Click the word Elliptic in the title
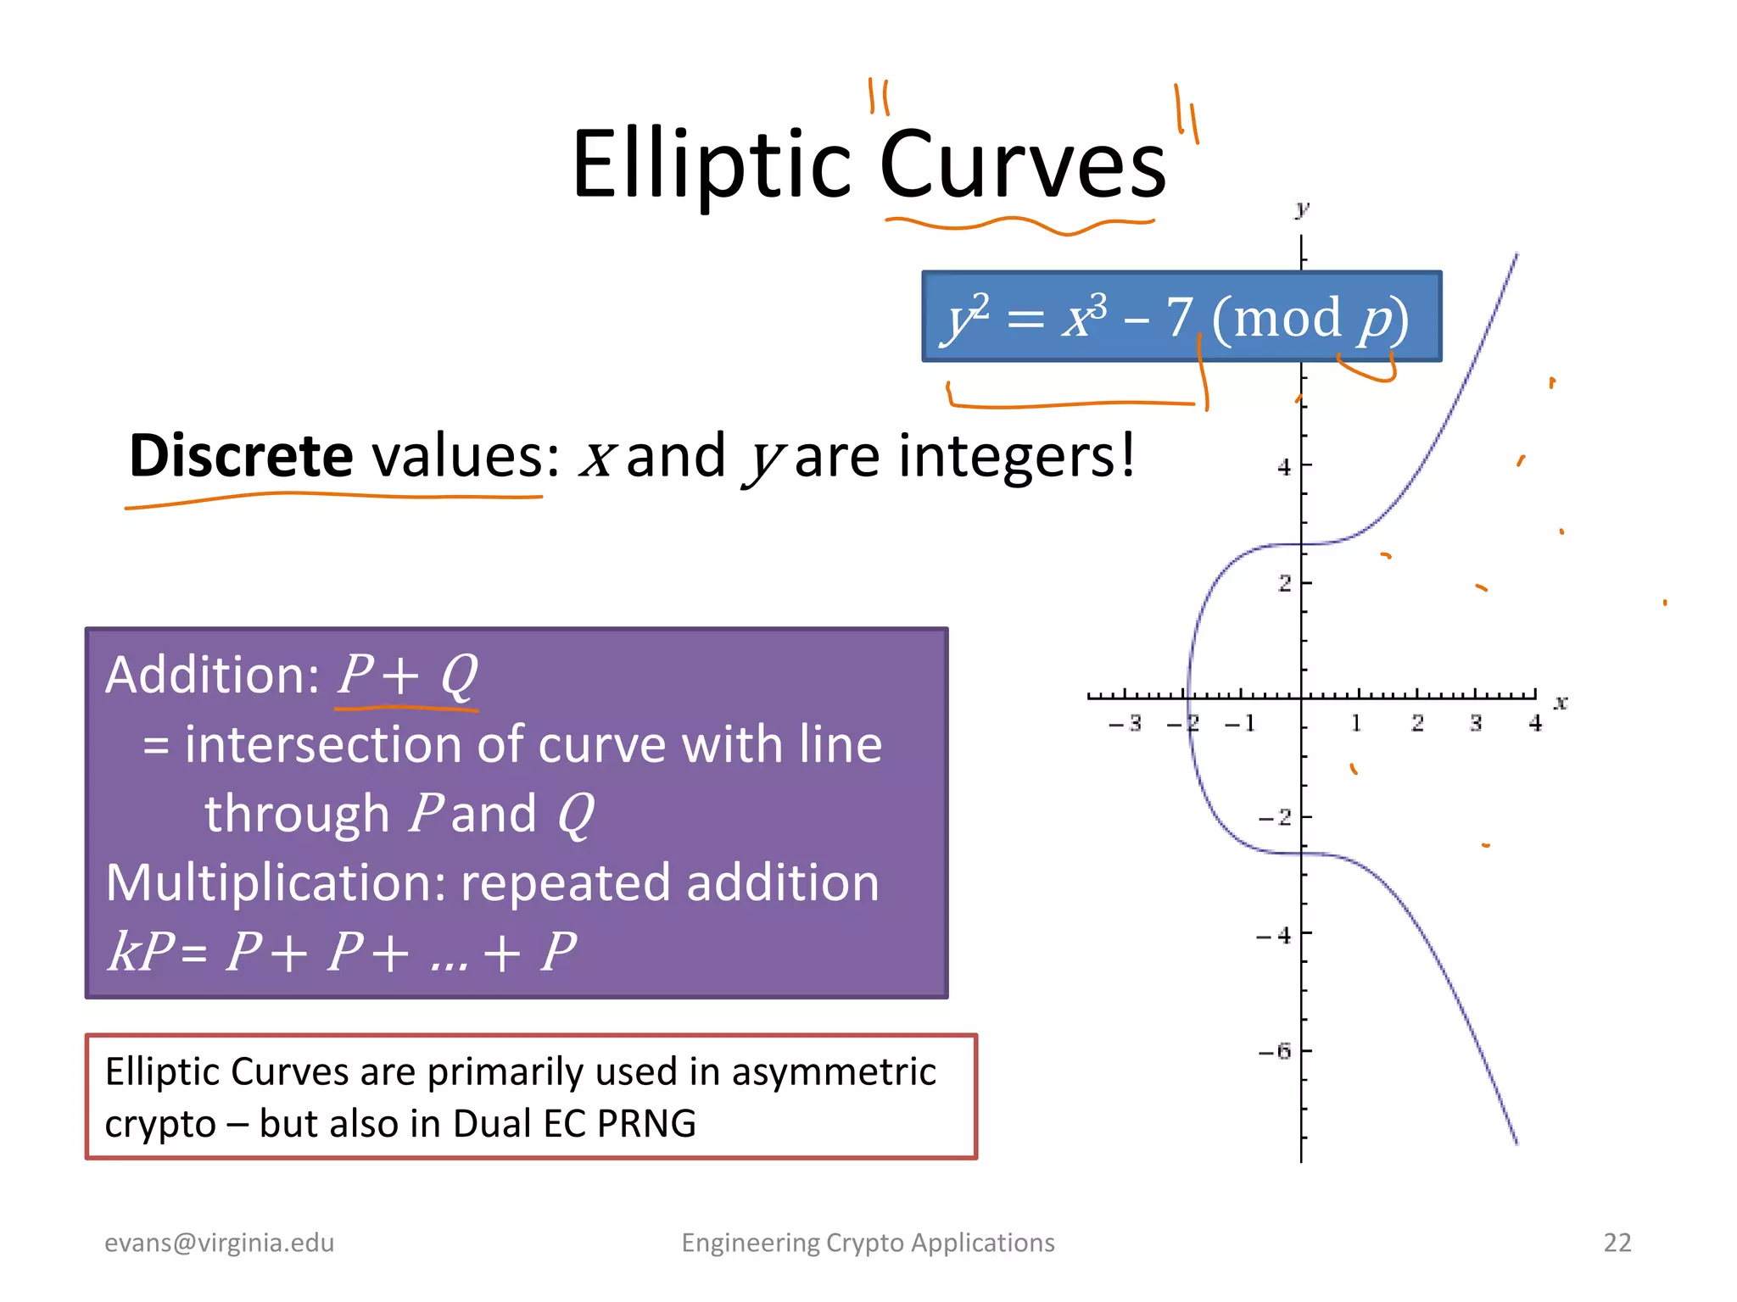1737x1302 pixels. click(x=711, y=165)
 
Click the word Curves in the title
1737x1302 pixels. click(x=1023, y=165)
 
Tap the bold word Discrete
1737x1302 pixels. click(x=241, y=456)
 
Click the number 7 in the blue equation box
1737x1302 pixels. click(x=1180, y=317)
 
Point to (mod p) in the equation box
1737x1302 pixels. click(x=1310, y=319)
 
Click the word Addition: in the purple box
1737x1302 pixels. click(x=212, y=676)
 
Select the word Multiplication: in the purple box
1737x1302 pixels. click(x=276, y=883)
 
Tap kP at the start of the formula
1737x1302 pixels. click(x=141, y=951)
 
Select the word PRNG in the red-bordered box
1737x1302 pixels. click(x=646, y=1124)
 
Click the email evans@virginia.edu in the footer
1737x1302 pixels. click(x=219, y=1243)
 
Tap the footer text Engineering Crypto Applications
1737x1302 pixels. click(x=868, y=1243)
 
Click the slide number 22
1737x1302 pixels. click(x=1617, y=1243)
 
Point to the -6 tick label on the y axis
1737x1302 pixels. click(x=1274, y=1052)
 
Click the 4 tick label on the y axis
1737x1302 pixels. click(x=1284, y=467)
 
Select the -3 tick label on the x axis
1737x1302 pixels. click(x=1125, y=723)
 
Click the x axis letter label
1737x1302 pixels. click(x=1561, y=703)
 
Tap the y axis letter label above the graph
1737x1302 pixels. click(x=1302, y=209)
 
